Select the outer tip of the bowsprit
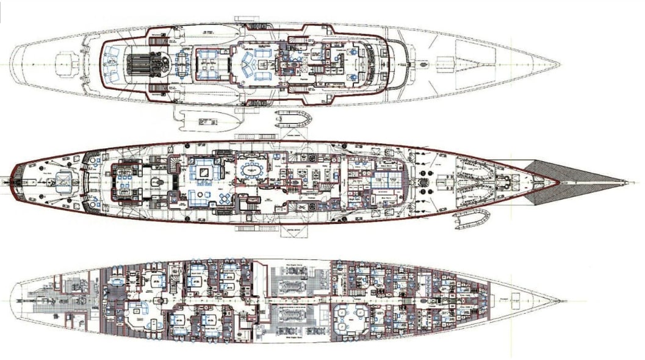point(627,182)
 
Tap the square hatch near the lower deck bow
point(514,297)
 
